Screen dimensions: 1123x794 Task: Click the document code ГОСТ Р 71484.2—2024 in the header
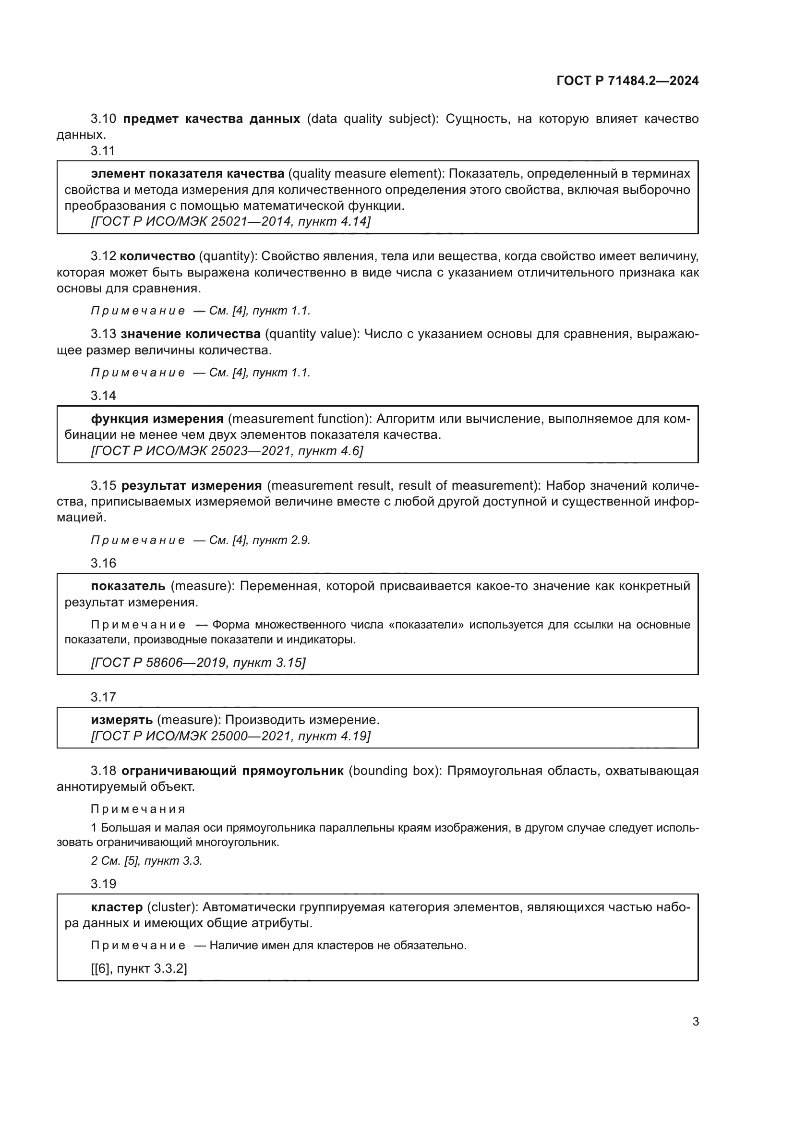(627, 81)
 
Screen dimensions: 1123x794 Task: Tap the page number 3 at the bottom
(695, 1021)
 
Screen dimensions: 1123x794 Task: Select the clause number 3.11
(103, 151)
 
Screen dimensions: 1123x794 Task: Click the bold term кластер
(117, 907)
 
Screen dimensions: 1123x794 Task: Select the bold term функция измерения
(157, 419)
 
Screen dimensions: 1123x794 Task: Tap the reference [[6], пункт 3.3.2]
(139, 968)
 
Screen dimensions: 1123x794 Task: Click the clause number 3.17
(103, 697)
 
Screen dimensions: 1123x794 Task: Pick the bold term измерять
(122, 720)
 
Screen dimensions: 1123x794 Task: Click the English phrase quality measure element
(366, 174)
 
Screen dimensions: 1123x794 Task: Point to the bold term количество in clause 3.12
(157, 256)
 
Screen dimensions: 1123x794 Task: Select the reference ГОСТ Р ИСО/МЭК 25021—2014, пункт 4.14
(231, 221)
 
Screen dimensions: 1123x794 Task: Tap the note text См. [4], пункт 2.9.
(260, 541)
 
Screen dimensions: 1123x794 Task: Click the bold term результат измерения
(192, 486)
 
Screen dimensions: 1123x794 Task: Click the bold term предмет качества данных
(211, 119)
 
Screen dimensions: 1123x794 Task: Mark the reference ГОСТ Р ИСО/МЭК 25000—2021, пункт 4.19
(231, 736)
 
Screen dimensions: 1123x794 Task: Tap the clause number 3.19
(103, 884)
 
